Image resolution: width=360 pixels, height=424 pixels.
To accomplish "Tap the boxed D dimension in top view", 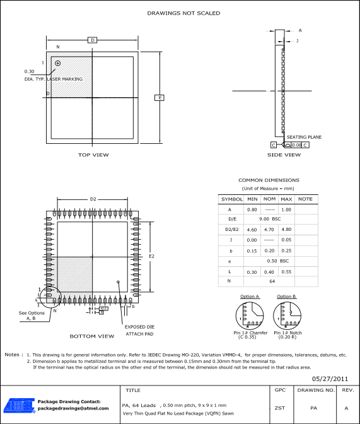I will pyautogui.click(x=92, y=40).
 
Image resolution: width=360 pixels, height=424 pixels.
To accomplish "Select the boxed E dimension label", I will pyautogui.click(x=160, y=97).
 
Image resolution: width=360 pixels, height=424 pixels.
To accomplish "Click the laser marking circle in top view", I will pyautogui.click(x=58, y=63).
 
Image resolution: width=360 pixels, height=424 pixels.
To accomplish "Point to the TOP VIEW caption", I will pyautogui.click(x=93, y=155).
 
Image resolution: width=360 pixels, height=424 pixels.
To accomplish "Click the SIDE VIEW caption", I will pyautogui.click(x=284, y=155).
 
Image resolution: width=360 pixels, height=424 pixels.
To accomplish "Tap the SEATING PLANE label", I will pyautogui.click(x=304, y=137).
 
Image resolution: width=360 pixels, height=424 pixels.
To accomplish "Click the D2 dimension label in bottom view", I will pyautogui.click(x=93, y=199).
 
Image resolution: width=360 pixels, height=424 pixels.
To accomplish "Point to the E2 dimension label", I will pyautogui.click(x=151, y=256).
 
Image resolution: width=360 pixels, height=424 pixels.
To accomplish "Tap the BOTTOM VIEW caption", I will pyautogui.click(x=92, y=336).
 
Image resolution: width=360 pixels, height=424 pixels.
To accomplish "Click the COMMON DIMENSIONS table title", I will pyautogui.click(x=269, y=180).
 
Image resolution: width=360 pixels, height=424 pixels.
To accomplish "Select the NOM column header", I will pyautogui.click(x=269, y=199).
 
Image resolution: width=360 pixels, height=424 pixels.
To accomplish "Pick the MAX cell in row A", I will pyautogui.click(x=286, y=209).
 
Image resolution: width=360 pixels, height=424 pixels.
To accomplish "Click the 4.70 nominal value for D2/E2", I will pyautogui.click(x=269, y=230).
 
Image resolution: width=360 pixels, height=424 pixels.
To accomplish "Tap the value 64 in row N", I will pyautogui.click(x=272, y=281).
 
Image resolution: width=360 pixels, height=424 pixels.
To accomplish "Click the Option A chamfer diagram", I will pyautogui.click(x=250, y=315).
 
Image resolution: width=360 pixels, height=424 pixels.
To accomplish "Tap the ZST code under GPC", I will pyautogui.click(x=280, y=408).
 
